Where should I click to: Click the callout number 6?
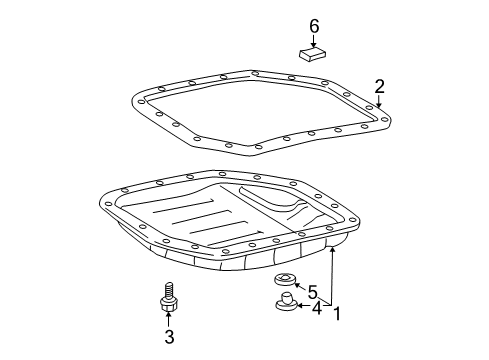click(x=314, y=26)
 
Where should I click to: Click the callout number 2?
click(x=379, y=86)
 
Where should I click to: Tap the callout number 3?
click(x=169, y=337)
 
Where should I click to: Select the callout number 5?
click(x=312, y=292)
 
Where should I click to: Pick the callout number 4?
click(x=317, y=308)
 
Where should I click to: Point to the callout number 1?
click(x=337, y=314)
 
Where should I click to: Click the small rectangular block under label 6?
click(x=312, y=54)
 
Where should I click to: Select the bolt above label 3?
click(x=169, y=298)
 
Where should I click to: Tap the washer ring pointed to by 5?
click(x=284, y=279)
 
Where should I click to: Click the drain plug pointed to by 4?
click(x=286, y=301)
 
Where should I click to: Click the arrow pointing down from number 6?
click(x=313, y=41)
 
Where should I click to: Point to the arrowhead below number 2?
click(x=379, y=104)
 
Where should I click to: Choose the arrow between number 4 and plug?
click(x=304, y=305)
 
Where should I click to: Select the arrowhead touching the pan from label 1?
click(x=332, y=250)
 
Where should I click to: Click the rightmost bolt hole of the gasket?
click(x=385, y=119)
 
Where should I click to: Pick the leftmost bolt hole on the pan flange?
click(x=108, y=204)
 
